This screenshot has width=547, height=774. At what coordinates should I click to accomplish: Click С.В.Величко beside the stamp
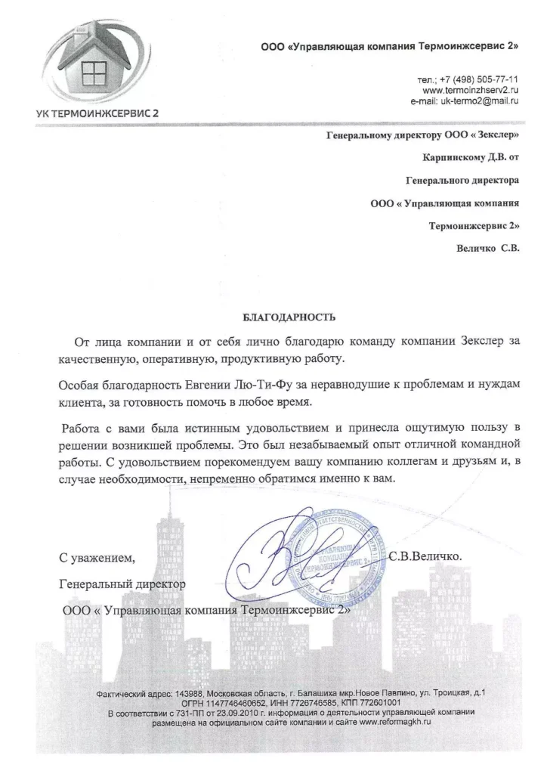click(431, 556)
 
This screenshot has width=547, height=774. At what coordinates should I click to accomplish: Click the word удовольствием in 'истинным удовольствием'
click(271, 428)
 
